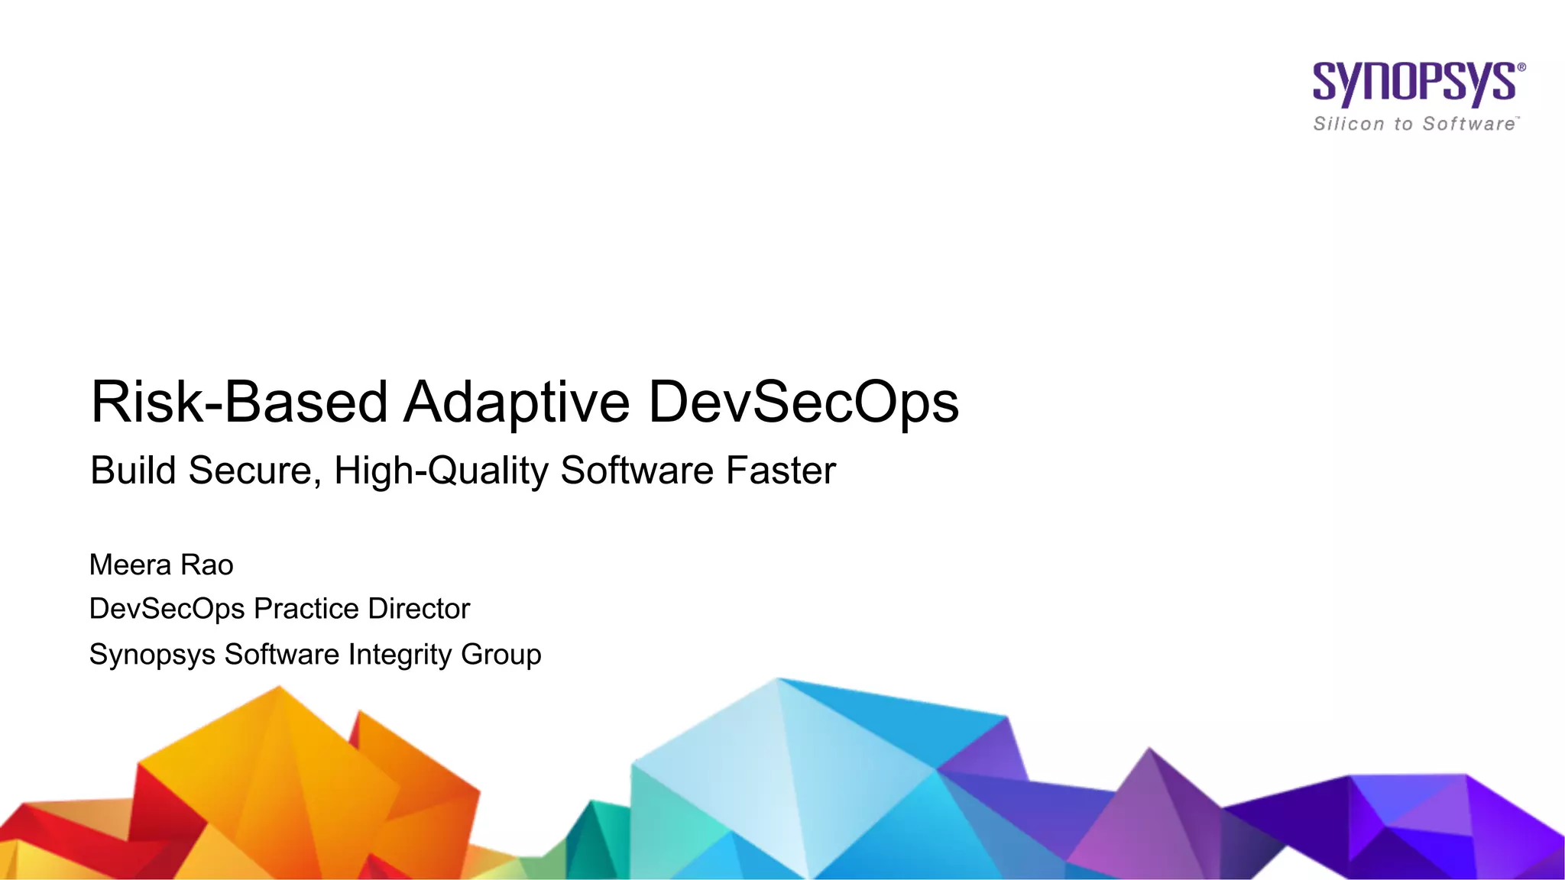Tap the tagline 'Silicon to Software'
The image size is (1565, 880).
tap(1414, 124)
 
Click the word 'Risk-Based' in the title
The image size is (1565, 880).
tap(239, 402)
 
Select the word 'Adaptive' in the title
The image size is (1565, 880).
tap(517, 402)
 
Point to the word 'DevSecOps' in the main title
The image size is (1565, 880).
tap(803, 402)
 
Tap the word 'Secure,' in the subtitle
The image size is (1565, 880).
tap(255, 470)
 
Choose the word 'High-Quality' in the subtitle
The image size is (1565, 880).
tap(441, 470)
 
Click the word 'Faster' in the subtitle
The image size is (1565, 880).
tap(780, 470)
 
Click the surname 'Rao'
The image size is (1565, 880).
tap(207, 565)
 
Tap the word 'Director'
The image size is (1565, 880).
tap(419, 609)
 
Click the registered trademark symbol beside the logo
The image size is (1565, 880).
tap(1521, 67)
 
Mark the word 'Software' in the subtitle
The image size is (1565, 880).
tap(638, 470)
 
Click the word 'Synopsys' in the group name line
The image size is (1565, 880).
tap(152, 655)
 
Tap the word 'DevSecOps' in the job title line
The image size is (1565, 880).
tap(167, 609)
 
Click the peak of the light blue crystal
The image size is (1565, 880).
tap(778, 679)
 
